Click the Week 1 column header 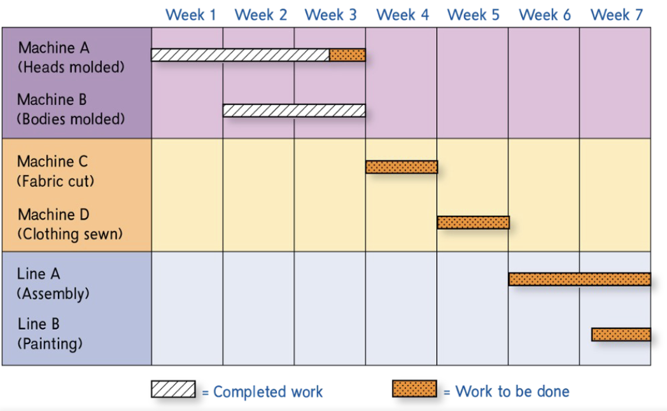pyautogui.click(x=191, y=15)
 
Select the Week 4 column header pyautogui.click(x=402, y=15)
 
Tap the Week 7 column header pyautogui.click(x=616, y=15)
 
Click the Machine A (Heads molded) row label pyautogui.click(x=71, y=57)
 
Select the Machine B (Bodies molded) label pyautogui.click(x=71, y=109)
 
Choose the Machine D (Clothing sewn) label pyautogui.click(x=69, y=224)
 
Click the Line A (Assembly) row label pyautogui.click(x=53, y=284)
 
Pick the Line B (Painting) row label pyautogui.click(x=50, y=334)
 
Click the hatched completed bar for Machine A pyautogui.click(x=240, y=55)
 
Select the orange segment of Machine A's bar pyautogui.click(x=348, y=55)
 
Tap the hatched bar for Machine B pyautogui.click(x=294, y=110)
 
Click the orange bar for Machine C pyautogui.click(x=402, y=167)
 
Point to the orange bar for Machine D pyautogui.click(x=473, y=222)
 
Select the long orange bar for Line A pyautogui.click(x=579, y=279)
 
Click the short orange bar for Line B pyautogui.click(x=621, y=334)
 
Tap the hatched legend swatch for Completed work pyautogui.click(x=173, y=389)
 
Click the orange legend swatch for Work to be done pyautogui.click(x=414, y=389)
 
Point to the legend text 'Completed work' pyautogui.click(x=268, y=392)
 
